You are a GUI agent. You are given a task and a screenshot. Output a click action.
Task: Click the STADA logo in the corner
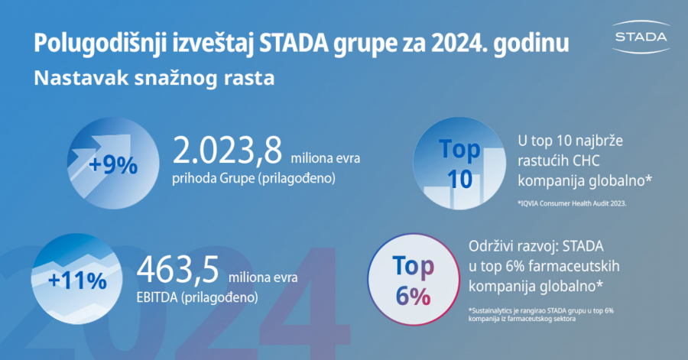click(641, 36)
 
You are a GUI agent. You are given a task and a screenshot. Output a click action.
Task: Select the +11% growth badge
click(77, 280)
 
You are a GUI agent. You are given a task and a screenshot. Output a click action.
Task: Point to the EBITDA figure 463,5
click(178, 270)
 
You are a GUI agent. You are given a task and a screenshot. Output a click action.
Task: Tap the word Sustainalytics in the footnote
click(495, 311)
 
